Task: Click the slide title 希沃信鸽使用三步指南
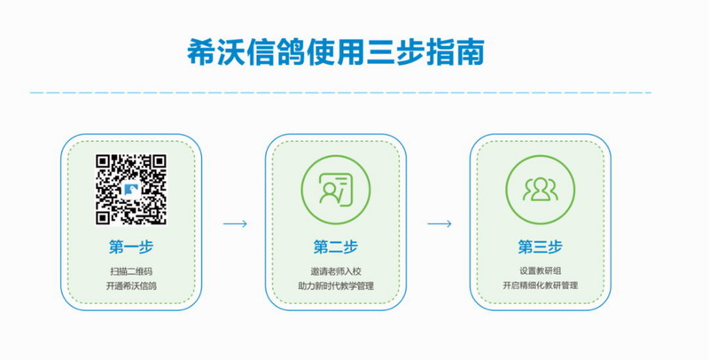[x=336, y=51]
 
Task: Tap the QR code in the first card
[x=131, y=189]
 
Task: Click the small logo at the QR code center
[x=131, y=189]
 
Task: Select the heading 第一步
[x=130, y=246]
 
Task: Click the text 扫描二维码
[x=130, y=270]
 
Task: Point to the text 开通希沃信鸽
[x=130, y=286]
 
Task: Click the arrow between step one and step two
[x=235, y=223]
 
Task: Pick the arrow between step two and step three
[x=440, y=223]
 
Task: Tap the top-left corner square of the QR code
[x=104, y=162]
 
